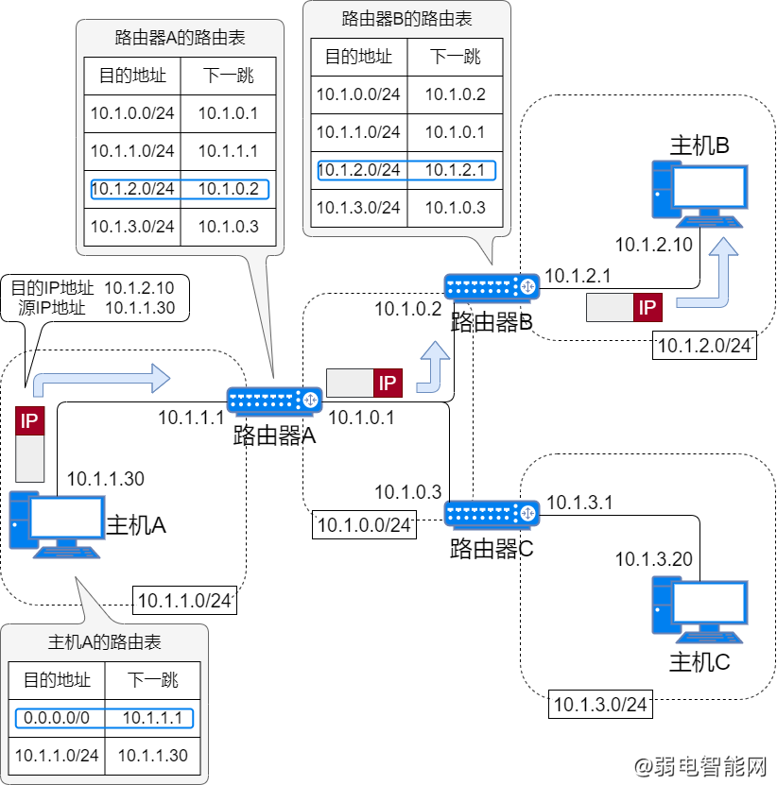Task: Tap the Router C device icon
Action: tap(492, 514)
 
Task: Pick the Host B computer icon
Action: tap(699, 195)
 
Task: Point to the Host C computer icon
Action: tap(699, 610)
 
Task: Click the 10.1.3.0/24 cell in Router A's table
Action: tap(132, 227)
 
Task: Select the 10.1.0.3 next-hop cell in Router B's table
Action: tap(455, 208)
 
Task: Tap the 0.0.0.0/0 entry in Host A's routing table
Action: tap(57, 718)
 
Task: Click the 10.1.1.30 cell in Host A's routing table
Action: tap(153, 756)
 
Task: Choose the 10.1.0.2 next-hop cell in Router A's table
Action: tap(229, 189)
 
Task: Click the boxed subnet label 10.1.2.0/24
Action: tap(704, 346)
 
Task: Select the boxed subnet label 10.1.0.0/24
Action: tap(364, 525)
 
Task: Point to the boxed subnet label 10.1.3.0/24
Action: tap(600, 705)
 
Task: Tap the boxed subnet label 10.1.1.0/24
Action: tap(184, 600)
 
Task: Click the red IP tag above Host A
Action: tap(29, 421)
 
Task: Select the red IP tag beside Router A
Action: tap(388, 384)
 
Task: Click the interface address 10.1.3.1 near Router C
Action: tap(579, 503)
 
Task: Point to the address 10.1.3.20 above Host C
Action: tap(654, 559)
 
